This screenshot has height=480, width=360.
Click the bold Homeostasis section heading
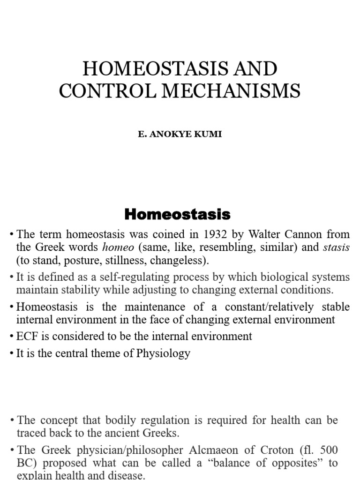pyautogui.click(x=177, y=215)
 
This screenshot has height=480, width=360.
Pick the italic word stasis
pyautogui.click(x=336, y=247)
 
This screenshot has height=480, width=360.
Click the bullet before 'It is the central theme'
pyautogui.click(x=11, y=353)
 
